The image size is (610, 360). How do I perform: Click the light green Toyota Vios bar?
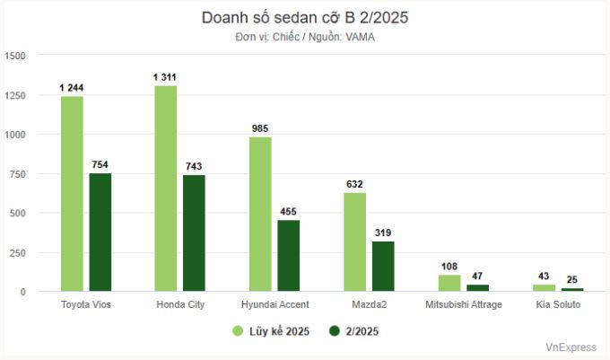(72, 193)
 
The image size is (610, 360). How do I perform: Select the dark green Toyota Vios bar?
(100, 232)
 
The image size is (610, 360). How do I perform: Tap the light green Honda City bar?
(165, 188)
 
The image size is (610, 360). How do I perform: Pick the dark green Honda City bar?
(194, 233)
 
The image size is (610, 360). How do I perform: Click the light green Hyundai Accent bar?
(260, 214)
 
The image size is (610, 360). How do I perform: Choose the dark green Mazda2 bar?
(383, 266)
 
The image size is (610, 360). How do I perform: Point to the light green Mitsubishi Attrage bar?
(449, 283)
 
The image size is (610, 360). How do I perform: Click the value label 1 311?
(165, 78)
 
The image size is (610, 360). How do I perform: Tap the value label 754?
(100, 165)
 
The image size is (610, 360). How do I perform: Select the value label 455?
(289, 212)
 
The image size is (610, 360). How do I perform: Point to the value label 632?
(354, 184)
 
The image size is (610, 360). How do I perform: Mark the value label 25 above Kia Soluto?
(572, 280)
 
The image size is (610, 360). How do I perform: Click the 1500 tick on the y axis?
(15, 56)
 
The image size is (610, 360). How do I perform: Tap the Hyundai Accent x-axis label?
(274, 305)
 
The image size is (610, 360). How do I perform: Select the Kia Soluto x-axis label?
(558, 305)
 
